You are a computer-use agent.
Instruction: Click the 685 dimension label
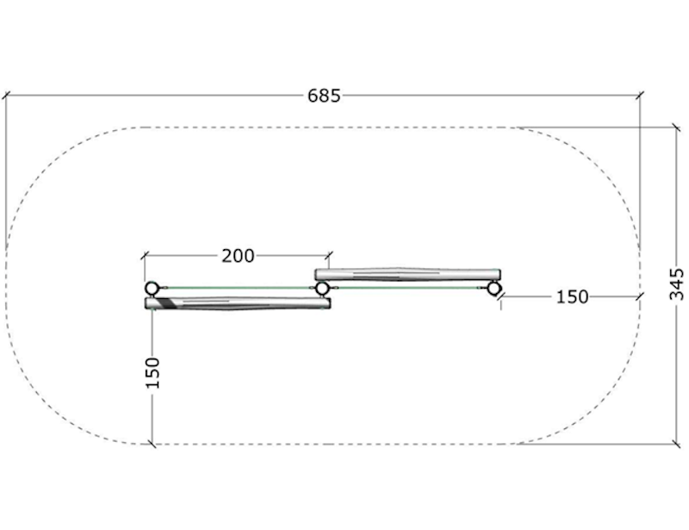[x=324, y=96]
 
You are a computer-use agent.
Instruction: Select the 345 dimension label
[x=677, y=284]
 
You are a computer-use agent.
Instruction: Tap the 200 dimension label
[x=238, y=256]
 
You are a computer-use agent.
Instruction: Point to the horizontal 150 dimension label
[x=572, y=297]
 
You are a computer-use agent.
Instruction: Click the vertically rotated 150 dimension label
[x=152, y=373]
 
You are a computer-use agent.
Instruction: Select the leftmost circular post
[x=152, y=289]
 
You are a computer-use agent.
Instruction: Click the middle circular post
[x=322, y=289]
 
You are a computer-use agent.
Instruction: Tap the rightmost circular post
[x=493, y=289]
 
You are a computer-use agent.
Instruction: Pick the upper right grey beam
[x=407, y=274]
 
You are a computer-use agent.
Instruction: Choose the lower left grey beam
[x=238, y=303]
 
